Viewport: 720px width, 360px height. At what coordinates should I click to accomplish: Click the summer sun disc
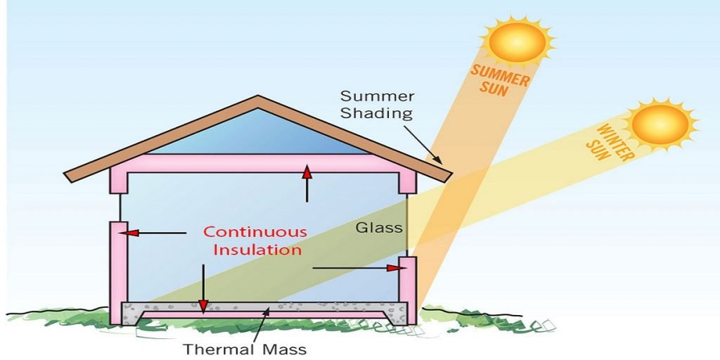[517, 41]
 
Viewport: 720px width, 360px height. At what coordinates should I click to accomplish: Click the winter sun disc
[660, 124]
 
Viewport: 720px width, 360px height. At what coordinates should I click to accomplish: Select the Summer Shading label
[377, 105]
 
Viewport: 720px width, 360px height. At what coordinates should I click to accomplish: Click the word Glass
[379, 227]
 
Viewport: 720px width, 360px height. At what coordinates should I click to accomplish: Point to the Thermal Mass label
[244, 349]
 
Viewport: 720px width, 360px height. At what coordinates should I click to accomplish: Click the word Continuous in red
[255, 232]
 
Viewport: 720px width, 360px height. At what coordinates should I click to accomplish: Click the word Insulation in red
[257, 250]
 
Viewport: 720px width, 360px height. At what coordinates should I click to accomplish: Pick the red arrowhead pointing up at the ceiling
[307, 172]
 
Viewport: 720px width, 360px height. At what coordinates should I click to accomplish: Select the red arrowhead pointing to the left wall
[131, 233]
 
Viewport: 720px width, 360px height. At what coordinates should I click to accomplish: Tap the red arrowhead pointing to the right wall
[394, 268]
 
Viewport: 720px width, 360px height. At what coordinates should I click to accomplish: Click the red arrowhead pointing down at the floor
[203, 305]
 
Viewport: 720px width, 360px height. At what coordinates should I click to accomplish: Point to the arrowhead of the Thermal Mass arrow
[266, 313]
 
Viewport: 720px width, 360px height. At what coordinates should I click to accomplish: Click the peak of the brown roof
[258, 96]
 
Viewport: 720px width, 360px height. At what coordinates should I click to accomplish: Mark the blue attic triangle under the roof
[258, 136]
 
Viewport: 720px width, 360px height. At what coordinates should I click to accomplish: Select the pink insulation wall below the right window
[407, 290]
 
